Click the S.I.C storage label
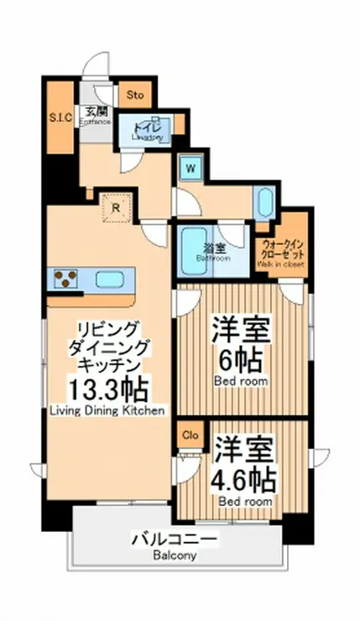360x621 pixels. [x=59, y=117]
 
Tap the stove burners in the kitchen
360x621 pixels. [x=66, y=279]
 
